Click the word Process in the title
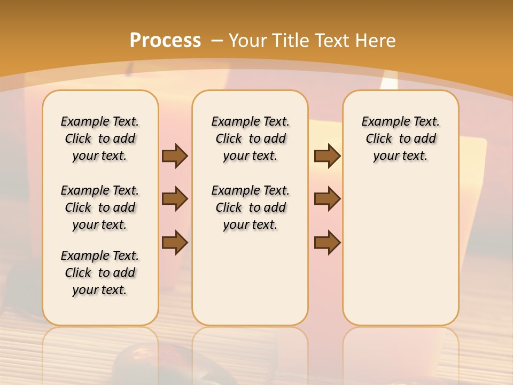coord(165,41)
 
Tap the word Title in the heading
coord(291,41)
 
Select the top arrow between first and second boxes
coord(175,156)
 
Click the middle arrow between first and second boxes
coord(175,199)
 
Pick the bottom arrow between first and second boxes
coord(175,242)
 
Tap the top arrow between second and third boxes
coord(327,156)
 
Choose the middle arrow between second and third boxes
coord(327,199)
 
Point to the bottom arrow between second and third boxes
coord(327,242)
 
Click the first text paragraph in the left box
coord(100,138)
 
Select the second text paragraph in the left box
coord(100,207)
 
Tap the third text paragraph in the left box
coord(100,273)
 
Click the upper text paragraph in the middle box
coord(250,138)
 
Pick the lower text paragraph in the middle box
coord(250,207)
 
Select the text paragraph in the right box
coord(400,138)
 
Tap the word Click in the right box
coord(379,139)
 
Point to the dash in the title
coord(217,41)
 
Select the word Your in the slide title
coord(248,41)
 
